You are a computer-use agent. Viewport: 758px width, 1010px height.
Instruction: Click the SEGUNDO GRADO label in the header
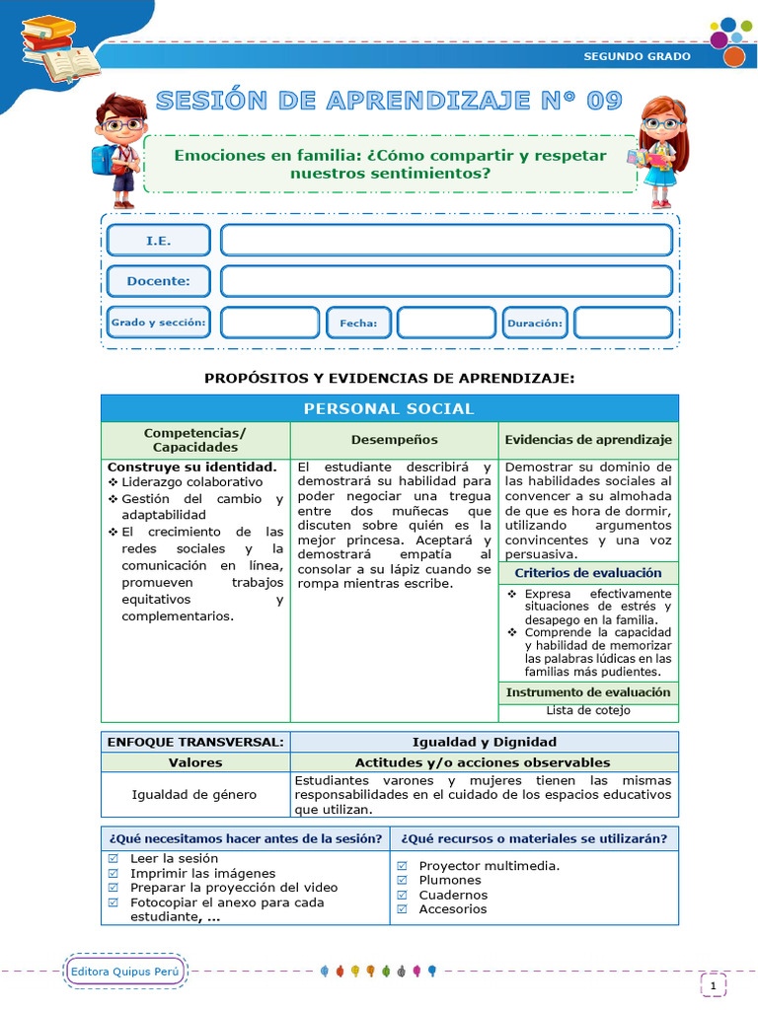pyautogui.click(x=637, y=56)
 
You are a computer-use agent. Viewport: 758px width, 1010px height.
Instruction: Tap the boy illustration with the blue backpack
pyautogui.click(x=118, y=149)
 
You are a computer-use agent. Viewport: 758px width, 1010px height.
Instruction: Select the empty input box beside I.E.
pyautogui.click(x=446, y=241)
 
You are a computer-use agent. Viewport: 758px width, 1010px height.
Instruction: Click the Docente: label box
pyautogui.click(x=158, y=281)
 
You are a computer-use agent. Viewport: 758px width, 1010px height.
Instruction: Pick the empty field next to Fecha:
pyautogui.click(x=445, y=323)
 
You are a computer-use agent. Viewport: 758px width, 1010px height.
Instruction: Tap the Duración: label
pyautogui.click(x=535, y=323)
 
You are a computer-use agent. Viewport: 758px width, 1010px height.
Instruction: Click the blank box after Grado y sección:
pyautogui.click(x=269, y=323)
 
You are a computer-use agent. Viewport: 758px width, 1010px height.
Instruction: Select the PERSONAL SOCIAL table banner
pyautogui.click(x=389, y=408)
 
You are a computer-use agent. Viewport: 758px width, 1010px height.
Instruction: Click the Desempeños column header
pyautogui.click(x=394, y=440)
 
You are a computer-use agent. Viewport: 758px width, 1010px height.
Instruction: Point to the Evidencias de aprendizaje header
pyautogui.click(x=588, y=440)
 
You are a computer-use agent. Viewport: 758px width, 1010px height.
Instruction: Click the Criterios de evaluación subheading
pyautogui.click(x=588, y=573)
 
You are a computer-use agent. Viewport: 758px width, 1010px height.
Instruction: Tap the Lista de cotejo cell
pyautogui.click(x=588, y=710)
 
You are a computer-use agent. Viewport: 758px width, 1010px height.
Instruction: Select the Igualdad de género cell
pyautogui.click(x=194, y=795)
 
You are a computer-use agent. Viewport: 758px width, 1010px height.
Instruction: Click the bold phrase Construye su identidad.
pyautogui.click(x=191, y=467)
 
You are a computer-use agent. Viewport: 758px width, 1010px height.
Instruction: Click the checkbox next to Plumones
pyautogui.click(x=402, y=881)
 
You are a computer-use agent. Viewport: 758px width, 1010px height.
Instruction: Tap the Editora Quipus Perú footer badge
pyautogui.click(x=125, y=972)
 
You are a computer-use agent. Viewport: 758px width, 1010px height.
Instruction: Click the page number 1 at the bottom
pyautogui.click(x=713, y=984)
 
